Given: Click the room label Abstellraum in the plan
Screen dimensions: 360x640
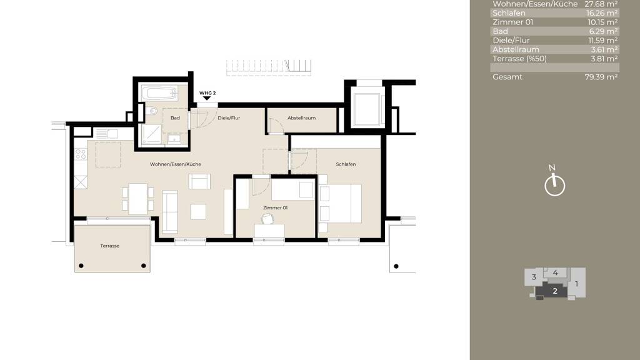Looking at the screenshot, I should coord(301,117).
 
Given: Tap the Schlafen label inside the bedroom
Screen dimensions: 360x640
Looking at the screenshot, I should coord(346,164).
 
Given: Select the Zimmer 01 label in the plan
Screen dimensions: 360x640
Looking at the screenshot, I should coord(276,207).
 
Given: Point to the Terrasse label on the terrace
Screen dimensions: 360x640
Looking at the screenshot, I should coord(109,246).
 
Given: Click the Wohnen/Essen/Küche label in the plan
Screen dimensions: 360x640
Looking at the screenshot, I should coord(175,164).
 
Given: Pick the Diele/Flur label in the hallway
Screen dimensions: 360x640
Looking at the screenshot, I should coord(229,117).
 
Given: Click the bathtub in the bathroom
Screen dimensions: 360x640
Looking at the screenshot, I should coord(159,94).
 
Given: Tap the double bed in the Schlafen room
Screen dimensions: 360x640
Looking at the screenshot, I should coord(341,203).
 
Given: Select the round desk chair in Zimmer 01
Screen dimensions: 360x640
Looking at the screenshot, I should coord(267,218).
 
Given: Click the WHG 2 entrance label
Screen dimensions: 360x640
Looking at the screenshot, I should coord(207,93).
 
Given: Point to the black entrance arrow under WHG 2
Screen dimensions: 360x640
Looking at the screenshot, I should coord(207,99).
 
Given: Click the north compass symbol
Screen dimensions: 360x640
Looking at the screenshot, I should coord(554,185).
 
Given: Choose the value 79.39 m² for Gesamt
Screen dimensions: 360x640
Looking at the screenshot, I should coord(601,77).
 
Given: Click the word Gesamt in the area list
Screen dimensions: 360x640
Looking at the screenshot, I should coord(507,77).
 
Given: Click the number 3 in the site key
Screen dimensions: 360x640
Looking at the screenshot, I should coord(534,277).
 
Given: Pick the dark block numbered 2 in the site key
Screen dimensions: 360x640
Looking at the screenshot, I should coord(554,290).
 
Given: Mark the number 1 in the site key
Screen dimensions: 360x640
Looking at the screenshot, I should coord(577,283).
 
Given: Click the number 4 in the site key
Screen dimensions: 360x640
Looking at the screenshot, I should coord(556,272).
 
